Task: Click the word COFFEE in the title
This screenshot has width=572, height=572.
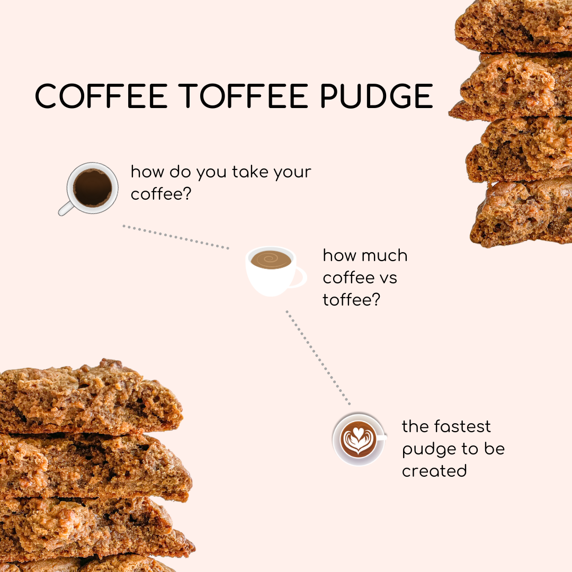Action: (101, 96)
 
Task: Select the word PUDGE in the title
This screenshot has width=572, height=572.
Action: (377, 96)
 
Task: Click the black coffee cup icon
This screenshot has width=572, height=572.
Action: (88, 189)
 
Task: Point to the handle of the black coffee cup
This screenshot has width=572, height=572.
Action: (66, 208)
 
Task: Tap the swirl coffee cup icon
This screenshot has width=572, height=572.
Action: (276, 271)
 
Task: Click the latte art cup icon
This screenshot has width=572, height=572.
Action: (359, 439)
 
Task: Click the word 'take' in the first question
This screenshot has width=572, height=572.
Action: (251, 172)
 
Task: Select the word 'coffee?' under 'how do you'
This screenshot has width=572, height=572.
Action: (161, 193)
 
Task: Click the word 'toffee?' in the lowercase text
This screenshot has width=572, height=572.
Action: (351, 299)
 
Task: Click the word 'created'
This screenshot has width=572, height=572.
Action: (434, 471)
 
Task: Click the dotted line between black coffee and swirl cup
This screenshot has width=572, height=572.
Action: (176, 237)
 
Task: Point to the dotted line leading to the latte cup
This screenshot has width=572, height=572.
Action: (318, 358)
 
